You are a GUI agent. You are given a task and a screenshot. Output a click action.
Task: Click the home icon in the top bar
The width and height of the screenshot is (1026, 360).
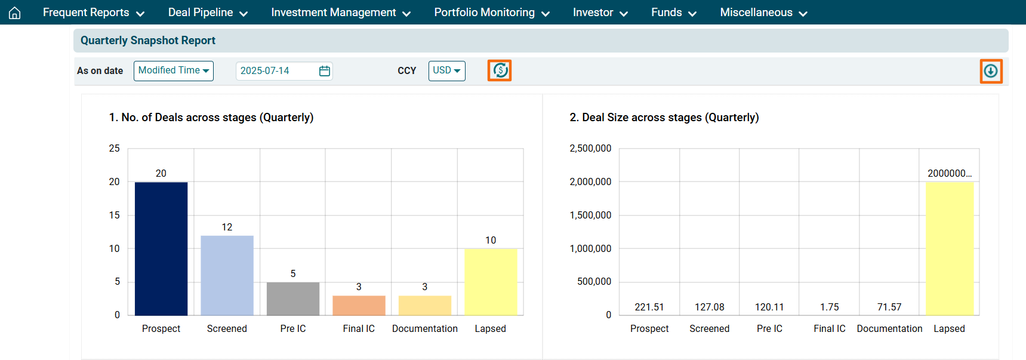[x=15, y=13]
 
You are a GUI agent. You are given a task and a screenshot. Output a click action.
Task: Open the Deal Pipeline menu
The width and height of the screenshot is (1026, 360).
[x=207, y=13]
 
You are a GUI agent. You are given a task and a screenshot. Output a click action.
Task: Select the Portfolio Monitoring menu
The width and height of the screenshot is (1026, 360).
[x=491, y=13]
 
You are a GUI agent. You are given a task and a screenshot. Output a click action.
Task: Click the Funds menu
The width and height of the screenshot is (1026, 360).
[x=673, y=13]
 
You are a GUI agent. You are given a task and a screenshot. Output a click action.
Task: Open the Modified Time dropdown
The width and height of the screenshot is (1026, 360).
[x=173, y=70]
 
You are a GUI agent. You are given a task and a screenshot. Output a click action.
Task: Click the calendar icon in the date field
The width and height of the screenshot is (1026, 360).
[x=325, y=71]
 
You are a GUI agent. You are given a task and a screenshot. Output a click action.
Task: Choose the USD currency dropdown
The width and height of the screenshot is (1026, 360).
[x=446, y=70]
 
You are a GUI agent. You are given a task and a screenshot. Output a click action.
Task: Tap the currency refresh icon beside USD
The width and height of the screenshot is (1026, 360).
[x=500, y=70]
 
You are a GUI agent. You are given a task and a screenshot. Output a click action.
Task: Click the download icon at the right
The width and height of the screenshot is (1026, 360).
[x=991, y=71]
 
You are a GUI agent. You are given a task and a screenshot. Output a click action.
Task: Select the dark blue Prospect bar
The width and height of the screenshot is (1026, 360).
[x=161, y=248]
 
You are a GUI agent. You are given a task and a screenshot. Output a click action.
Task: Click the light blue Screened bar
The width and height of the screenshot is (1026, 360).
[x=227, y=275]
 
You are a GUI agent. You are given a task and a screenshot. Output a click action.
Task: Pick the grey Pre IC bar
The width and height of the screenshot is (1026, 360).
[x=293, y=299]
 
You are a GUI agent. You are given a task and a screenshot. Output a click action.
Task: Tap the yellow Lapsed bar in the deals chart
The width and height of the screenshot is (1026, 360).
[x=491, y=282]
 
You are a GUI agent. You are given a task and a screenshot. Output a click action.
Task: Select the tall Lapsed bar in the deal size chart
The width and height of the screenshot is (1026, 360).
[x=950, y=248]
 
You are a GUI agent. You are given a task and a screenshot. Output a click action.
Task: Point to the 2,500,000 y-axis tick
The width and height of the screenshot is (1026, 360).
[x=590, y=148]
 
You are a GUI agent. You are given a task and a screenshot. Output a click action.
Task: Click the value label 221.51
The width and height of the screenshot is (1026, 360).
[x=649, y=307]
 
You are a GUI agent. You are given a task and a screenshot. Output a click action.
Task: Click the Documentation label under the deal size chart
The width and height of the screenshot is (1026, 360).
[x=889, y=328]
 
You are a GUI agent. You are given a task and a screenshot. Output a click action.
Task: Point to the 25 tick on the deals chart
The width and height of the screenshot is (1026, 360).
[x=114, y=148]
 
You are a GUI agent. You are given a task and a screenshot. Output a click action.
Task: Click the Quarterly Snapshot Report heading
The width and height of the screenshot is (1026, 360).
[x=148, y=41]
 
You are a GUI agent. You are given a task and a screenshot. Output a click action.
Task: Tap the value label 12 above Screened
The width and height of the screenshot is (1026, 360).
[x=227, y=227]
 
